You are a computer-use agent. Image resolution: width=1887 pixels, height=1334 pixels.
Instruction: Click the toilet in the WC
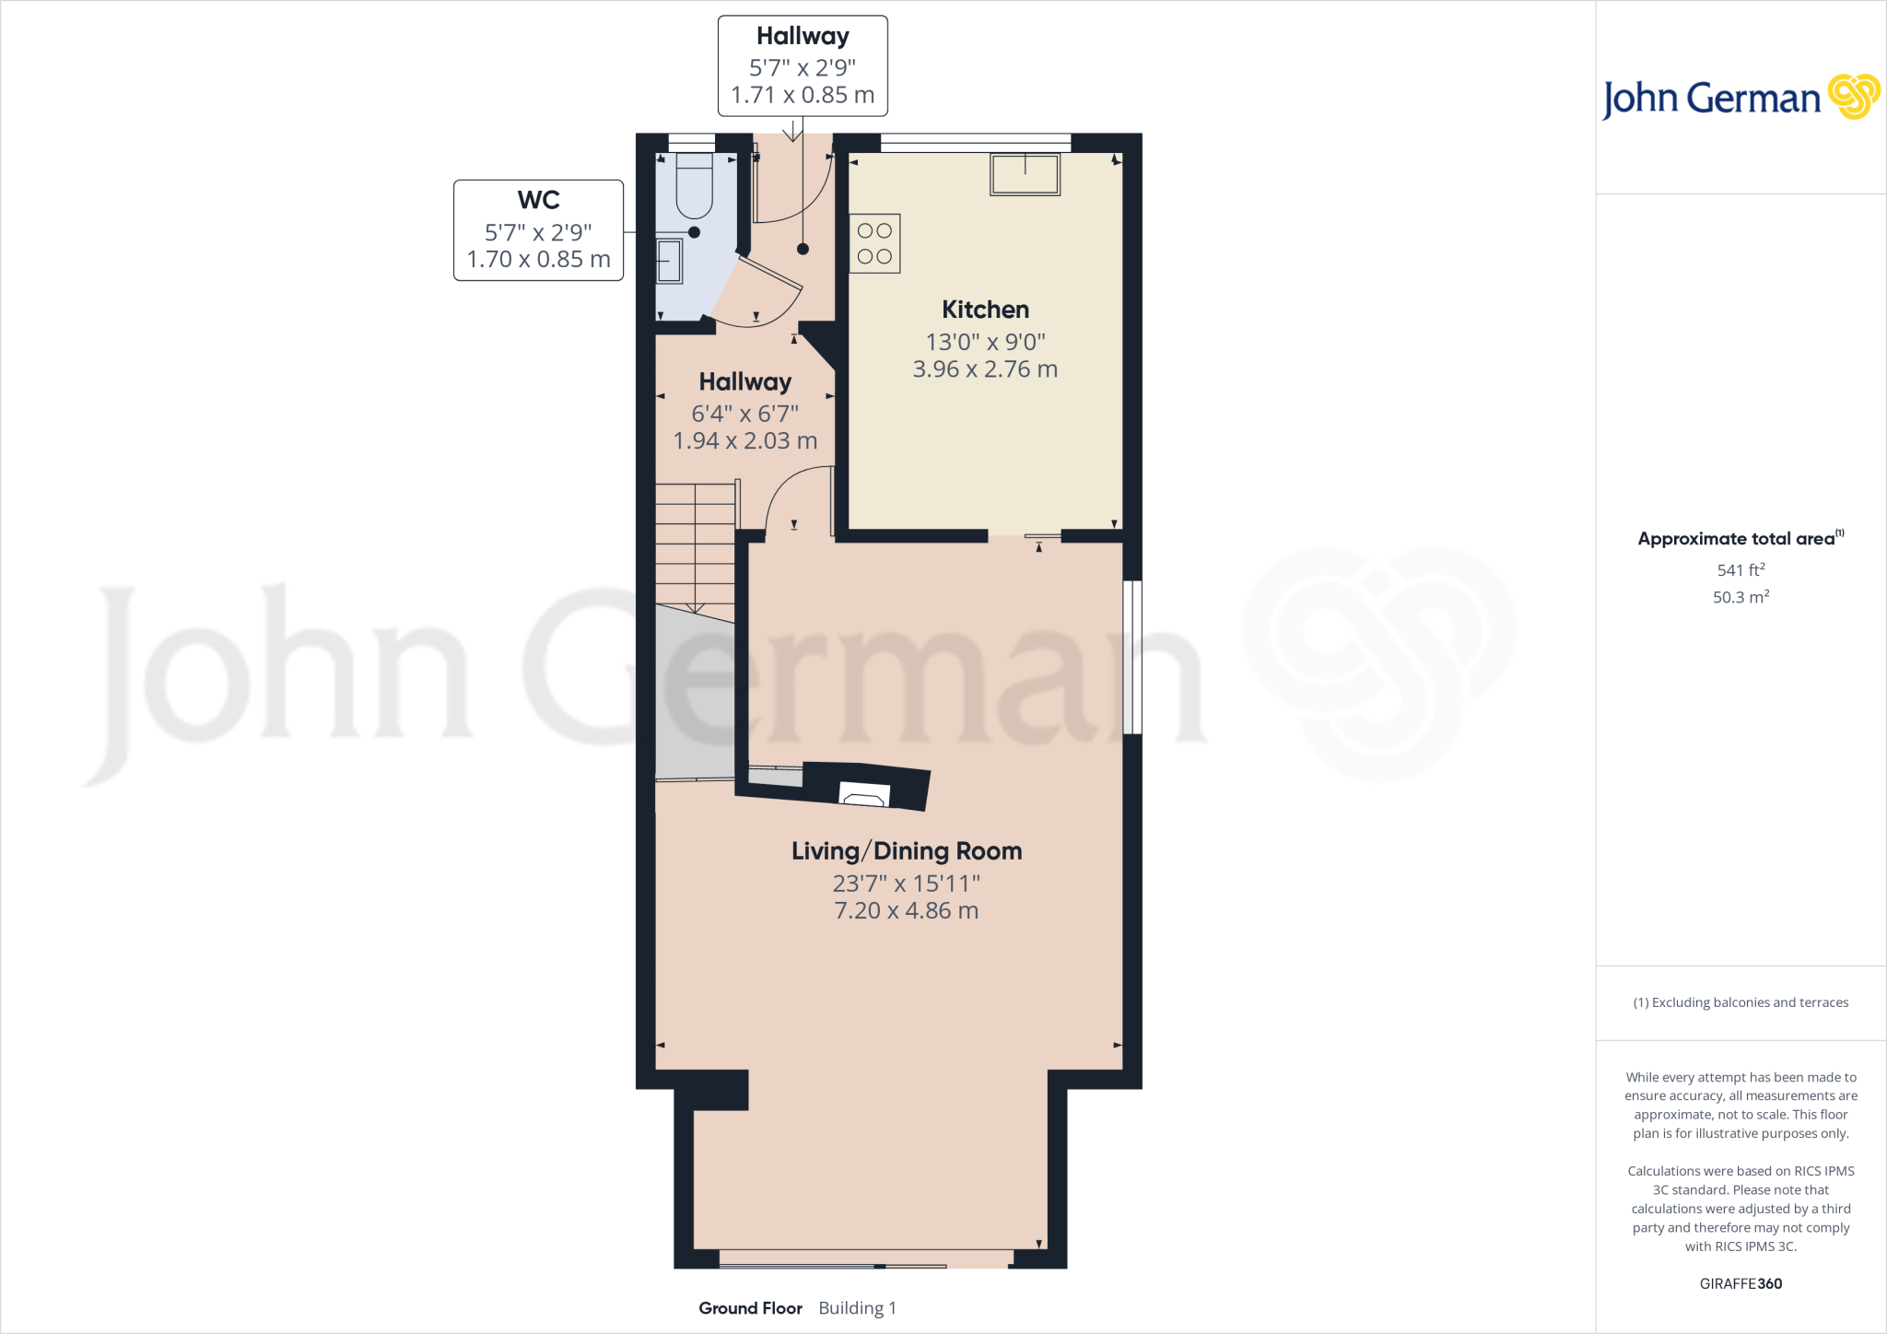(694, 185)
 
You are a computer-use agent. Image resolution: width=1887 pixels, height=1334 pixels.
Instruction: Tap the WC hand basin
(669, 261)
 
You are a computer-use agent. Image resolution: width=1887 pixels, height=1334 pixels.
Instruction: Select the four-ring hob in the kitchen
(874, 244)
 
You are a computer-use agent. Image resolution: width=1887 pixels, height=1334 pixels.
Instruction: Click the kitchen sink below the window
(1025, 174)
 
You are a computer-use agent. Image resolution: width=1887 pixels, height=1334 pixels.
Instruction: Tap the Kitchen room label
(985, 310)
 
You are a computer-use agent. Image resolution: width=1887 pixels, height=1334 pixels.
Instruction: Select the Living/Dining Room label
(907, 851)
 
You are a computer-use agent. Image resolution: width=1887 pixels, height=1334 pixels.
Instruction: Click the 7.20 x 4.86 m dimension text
(907, 911)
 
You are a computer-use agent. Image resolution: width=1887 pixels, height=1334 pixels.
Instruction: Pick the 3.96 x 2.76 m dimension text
(985, 369)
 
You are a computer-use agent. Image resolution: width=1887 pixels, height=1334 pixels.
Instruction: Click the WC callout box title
(538, 200)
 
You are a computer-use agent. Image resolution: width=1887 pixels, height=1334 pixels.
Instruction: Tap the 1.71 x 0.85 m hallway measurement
(803, 95)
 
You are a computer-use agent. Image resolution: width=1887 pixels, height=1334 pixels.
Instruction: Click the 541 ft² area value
(1740, 570)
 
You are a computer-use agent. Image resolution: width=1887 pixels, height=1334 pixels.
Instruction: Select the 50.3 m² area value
(1740, 597)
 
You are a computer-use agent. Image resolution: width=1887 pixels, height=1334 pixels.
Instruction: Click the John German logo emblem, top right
(1853, 97)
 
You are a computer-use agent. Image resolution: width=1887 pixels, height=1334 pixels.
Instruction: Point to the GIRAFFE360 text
(1740, 1283)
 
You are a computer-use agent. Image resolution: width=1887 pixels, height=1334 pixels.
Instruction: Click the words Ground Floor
(750, 1308)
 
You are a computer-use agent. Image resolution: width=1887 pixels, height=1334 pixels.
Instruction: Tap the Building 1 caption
(857, 1308)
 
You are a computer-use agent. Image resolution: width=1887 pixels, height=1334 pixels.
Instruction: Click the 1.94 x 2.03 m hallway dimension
(745, 441)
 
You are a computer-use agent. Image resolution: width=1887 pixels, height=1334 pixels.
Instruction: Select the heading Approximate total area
(1736, 539)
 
